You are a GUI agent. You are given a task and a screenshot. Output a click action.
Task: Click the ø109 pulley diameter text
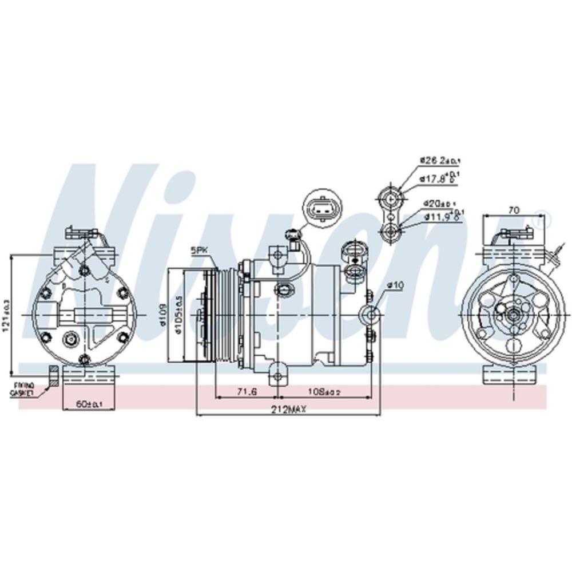tap(164, 315)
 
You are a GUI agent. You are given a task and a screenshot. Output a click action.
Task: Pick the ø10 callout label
tap(395, 285)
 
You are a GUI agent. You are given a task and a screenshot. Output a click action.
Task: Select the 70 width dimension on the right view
tap(513, 210)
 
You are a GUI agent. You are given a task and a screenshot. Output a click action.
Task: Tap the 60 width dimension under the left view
tap(90, 404)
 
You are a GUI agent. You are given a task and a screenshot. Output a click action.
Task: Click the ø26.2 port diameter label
tap(438, 160)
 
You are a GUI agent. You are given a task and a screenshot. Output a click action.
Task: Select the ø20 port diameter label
tap(438, 203)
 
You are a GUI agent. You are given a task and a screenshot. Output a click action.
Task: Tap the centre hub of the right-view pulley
tap(511, 315)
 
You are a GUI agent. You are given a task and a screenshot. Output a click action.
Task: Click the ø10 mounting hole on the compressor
tap(369, 315)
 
